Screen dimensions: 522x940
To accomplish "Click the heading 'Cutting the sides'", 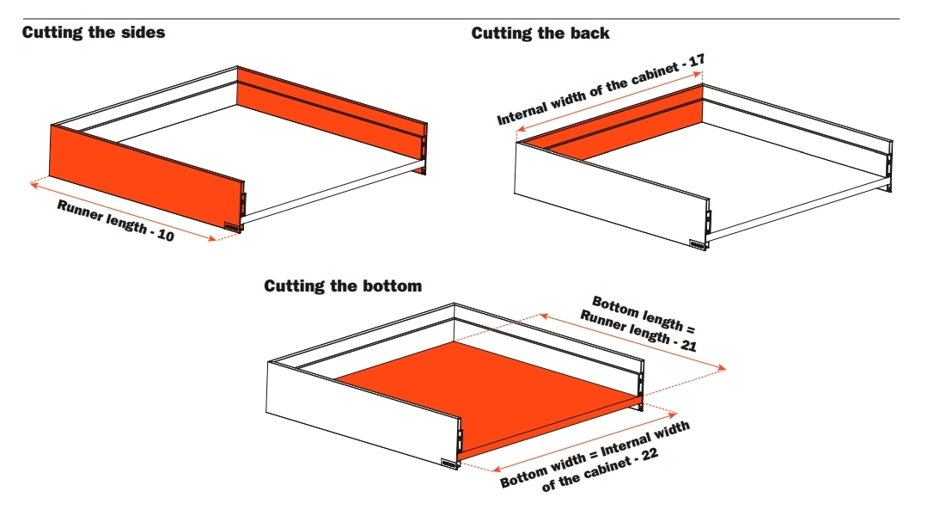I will coord(93,33).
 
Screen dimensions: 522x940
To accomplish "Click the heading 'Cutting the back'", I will coord(540,34).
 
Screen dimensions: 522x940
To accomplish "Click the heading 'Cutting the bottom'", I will coord(343,286).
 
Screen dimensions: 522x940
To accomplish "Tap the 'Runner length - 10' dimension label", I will coord(115,219).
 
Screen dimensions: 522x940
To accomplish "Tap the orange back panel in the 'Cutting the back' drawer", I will coord(627,120).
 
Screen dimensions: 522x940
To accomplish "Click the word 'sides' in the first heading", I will coord(143,33).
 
